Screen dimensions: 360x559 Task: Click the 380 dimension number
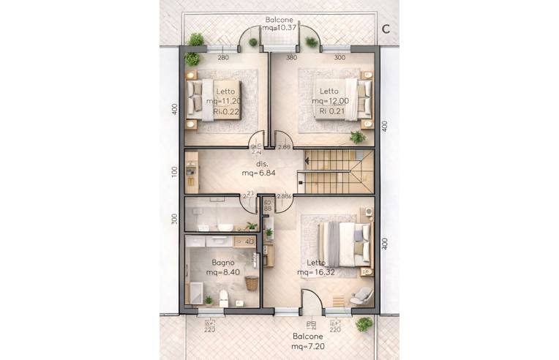(291, 58)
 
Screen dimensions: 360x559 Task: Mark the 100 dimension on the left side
(175, 171)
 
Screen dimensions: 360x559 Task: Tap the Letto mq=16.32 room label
(317, 267)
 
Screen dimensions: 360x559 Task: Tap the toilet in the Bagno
(223, 299)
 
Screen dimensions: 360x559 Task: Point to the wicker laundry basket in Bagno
(251, 283)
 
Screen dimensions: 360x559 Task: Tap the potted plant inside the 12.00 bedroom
(358, 137)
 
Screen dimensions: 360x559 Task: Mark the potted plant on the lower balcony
(364, 323)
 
